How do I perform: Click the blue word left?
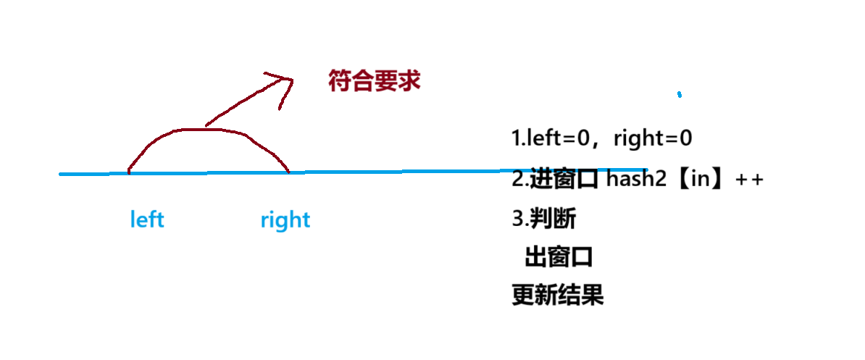point(147,219)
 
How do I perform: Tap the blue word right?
point(285,220)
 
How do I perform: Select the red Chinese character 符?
point(340,80)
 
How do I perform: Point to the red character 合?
point(363,80)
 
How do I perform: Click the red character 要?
point(386,80)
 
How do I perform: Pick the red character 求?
point(409,80)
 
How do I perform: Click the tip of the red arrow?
point(292,78)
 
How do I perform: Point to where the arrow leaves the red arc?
point(206,127)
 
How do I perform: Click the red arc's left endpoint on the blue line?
point(128,173)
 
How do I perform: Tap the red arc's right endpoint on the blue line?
point(288,172)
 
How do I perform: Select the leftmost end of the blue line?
point(61,174)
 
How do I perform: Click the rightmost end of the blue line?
point(646,170)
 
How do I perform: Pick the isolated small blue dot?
point(679,94)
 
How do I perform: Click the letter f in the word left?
point(152,219)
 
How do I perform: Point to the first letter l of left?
point(133,219)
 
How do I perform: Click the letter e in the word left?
point(141,221)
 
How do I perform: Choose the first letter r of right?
point(264,221)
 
